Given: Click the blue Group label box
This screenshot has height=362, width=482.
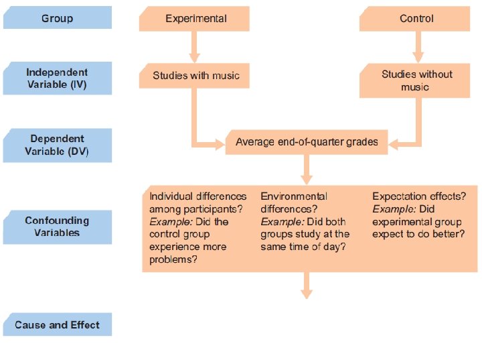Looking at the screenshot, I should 57,18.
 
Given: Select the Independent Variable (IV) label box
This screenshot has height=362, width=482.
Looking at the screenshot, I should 57,79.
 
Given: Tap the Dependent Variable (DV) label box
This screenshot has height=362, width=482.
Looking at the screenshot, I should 57,145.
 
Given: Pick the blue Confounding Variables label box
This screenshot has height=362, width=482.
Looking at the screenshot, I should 57,227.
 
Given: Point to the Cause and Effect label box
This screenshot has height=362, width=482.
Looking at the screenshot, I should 57,325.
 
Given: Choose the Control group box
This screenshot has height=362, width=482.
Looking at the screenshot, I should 416,19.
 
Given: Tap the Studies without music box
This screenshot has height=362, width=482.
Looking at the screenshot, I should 416,80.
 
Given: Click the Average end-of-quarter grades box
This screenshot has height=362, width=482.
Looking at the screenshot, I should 307,142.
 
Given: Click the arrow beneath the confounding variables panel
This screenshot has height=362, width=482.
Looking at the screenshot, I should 307,285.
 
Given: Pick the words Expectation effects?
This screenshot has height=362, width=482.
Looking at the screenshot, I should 419,196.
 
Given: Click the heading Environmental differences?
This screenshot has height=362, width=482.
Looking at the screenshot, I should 294,202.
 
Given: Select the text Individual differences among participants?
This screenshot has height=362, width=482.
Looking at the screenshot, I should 197,202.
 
